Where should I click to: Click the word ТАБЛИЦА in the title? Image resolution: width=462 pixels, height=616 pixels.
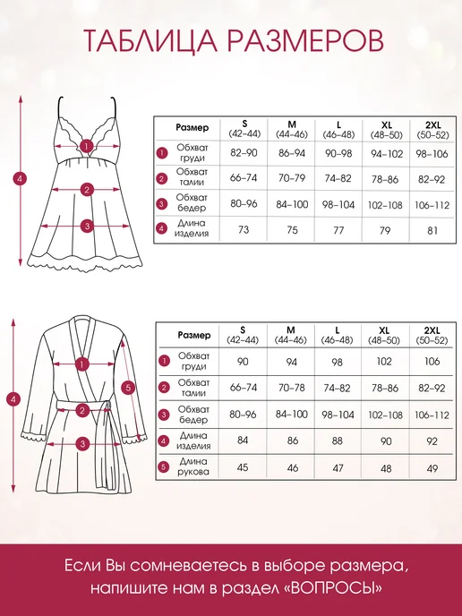tap(150, 41)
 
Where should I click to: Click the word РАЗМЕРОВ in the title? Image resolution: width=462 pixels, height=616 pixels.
tap(305, 40)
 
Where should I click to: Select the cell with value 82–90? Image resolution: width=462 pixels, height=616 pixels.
tap(244, 153)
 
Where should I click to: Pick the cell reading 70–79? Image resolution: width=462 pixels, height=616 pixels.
tap(292, 178)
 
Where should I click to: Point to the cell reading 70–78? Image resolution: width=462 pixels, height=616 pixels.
tap(291, 389)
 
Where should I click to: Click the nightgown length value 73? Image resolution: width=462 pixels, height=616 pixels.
tap(244, 229)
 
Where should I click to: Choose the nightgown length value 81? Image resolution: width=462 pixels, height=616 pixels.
tap(432, 231)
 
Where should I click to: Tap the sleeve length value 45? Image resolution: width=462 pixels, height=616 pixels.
tap(243, 467)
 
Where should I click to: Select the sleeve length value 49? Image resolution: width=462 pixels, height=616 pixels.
tap(432, 468)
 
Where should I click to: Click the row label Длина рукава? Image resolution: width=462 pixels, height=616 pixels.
tap(193, 466)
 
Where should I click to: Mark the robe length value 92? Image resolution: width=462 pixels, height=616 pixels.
tap(432, 441)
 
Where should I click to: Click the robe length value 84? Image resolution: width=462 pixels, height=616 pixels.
tap(243, 440)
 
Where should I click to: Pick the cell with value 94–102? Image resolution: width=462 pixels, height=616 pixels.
tap(387, 154)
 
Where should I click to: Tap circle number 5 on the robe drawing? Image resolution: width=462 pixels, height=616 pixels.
tap(128, 389)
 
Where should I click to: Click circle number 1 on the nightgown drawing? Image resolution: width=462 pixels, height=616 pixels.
tap(86, 146)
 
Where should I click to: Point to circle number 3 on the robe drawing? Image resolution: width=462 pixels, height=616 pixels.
tap(82, 444)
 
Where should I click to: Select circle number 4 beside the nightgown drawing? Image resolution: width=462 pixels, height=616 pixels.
tap(21, 179)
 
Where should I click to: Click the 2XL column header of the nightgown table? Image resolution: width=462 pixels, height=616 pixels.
tap(432, 130)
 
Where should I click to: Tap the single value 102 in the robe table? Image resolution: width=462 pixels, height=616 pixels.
tap(384, 362)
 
